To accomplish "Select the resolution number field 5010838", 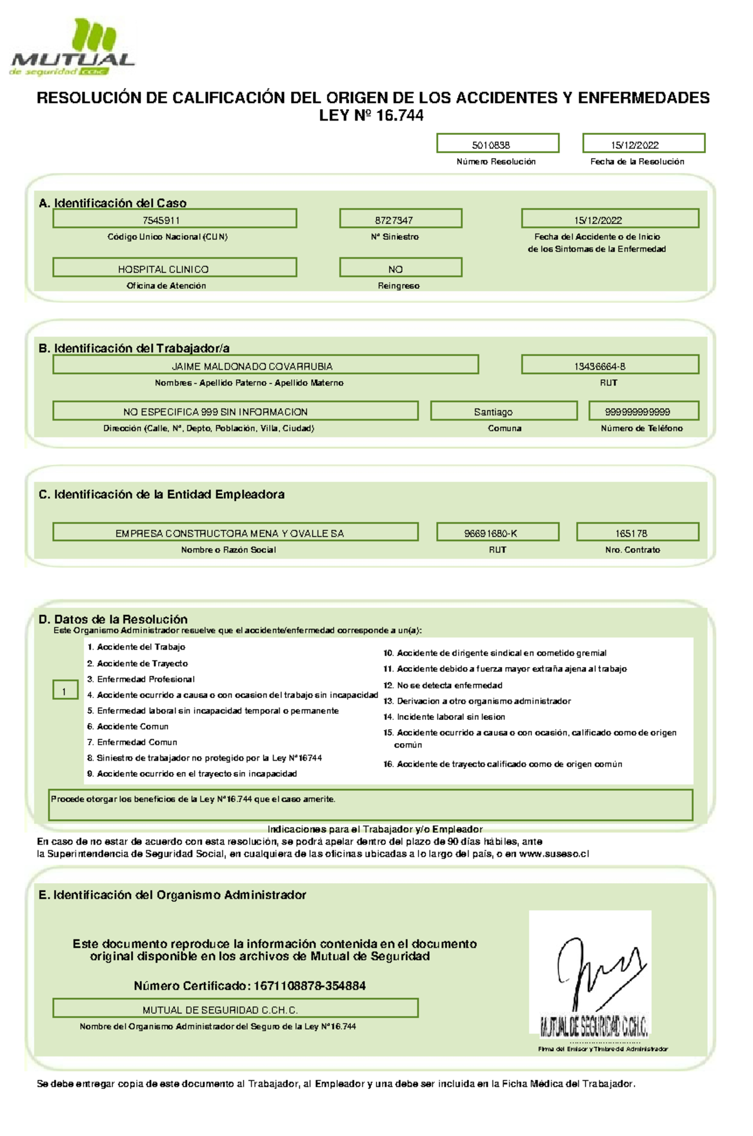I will tap(498, 144).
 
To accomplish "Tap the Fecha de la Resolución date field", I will tap(643, 144).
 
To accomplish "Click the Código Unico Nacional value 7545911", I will tap(174, 219).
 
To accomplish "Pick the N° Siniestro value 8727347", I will tap(400, 219).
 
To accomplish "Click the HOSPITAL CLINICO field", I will tap(174, 268).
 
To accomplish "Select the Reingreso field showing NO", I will tap(400, 268).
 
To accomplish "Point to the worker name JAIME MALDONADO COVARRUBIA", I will tap(265, 365).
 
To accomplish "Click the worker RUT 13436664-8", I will tap(609, 365).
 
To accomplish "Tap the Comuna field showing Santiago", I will tap(503, 411).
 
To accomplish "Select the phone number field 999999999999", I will tap(643, 411).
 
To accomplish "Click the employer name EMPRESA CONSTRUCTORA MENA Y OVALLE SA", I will tap(235, 532).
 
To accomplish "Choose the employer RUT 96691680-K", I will tap(498, 532).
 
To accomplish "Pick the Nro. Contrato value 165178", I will tap(637, 532).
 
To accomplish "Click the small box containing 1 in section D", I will tap(65, 690).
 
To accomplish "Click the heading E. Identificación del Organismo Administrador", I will tap(173, 895).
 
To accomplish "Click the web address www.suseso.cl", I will tap(554, 854).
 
